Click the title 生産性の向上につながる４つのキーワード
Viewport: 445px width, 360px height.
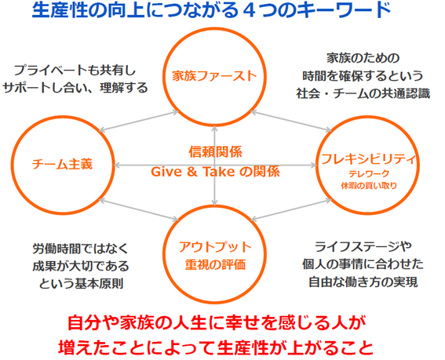211,10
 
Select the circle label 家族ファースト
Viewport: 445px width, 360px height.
214,76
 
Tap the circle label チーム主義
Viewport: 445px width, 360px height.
62,164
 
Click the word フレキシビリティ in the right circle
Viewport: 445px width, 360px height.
368,159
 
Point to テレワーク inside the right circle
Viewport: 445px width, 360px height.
369,173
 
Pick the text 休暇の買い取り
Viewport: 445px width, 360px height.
369,186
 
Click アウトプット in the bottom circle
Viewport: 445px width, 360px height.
215,247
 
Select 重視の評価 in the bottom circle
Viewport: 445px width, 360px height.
215,264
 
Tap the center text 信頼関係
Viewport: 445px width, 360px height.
215,152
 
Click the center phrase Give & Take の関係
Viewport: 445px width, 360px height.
215,172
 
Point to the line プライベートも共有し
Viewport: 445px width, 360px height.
75,70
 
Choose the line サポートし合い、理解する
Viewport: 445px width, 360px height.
75,88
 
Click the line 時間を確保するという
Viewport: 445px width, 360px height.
363,76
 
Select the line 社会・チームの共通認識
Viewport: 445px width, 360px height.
363,93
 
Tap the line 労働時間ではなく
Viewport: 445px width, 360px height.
81,249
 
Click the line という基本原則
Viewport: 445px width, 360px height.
81,283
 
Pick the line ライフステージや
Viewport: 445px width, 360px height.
363,247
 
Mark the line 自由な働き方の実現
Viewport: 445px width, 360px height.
363,282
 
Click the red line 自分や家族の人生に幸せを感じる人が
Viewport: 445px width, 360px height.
217,323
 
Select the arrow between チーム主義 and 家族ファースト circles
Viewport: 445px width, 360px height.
139,122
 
